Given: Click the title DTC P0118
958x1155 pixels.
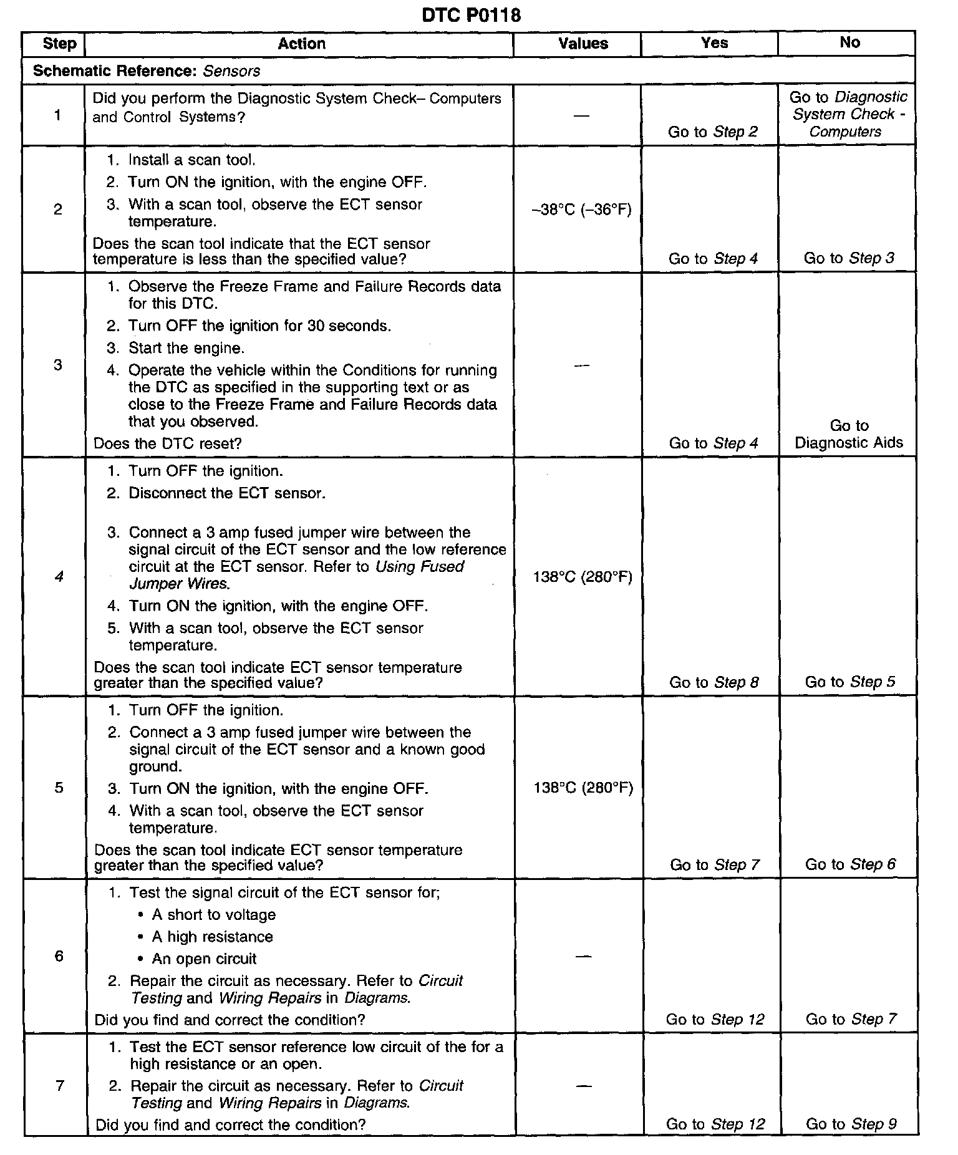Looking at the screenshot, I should (x=471, y=15).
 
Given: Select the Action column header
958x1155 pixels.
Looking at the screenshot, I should (x=301, y=44).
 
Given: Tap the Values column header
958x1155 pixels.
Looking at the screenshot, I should (x=583, y=44).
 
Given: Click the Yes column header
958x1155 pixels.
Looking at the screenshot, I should (x=714, y=43).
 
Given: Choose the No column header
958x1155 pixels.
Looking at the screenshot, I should (x=849, y=42).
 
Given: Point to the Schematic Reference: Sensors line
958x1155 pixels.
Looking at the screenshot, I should (x=147, y=71).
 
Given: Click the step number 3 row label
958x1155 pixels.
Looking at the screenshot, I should (x=58, y=365).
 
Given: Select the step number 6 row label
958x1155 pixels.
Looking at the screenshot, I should (x=59, y=956).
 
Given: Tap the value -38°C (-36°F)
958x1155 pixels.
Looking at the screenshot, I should (x=581, y=210).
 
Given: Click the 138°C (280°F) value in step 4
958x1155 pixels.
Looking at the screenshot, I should (x=583, y=577).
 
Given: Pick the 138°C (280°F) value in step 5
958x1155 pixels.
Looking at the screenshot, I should (x=583, y=788).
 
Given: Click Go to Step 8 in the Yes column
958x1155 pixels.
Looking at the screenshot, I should (x=714, y=682).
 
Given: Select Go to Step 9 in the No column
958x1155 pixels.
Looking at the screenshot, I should (x=851, y=1124).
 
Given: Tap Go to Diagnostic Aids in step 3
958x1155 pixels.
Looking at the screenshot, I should (x=849, y=434).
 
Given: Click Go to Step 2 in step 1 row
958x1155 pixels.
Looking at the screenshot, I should (x=713, y=132).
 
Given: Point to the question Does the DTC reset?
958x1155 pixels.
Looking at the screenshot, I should (x=167, y=443).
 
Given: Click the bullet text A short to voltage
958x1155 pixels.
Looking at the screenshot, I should (x=213, y=915).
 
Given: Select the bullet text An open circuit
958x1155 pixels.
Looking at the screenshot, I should (x=204, y=959).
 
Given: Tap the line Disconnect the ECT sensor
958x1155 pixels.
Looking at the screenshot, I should (x=226, y=493).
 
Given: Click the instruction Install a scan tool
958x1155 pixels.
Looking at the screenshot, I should (x=191, y=160).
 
